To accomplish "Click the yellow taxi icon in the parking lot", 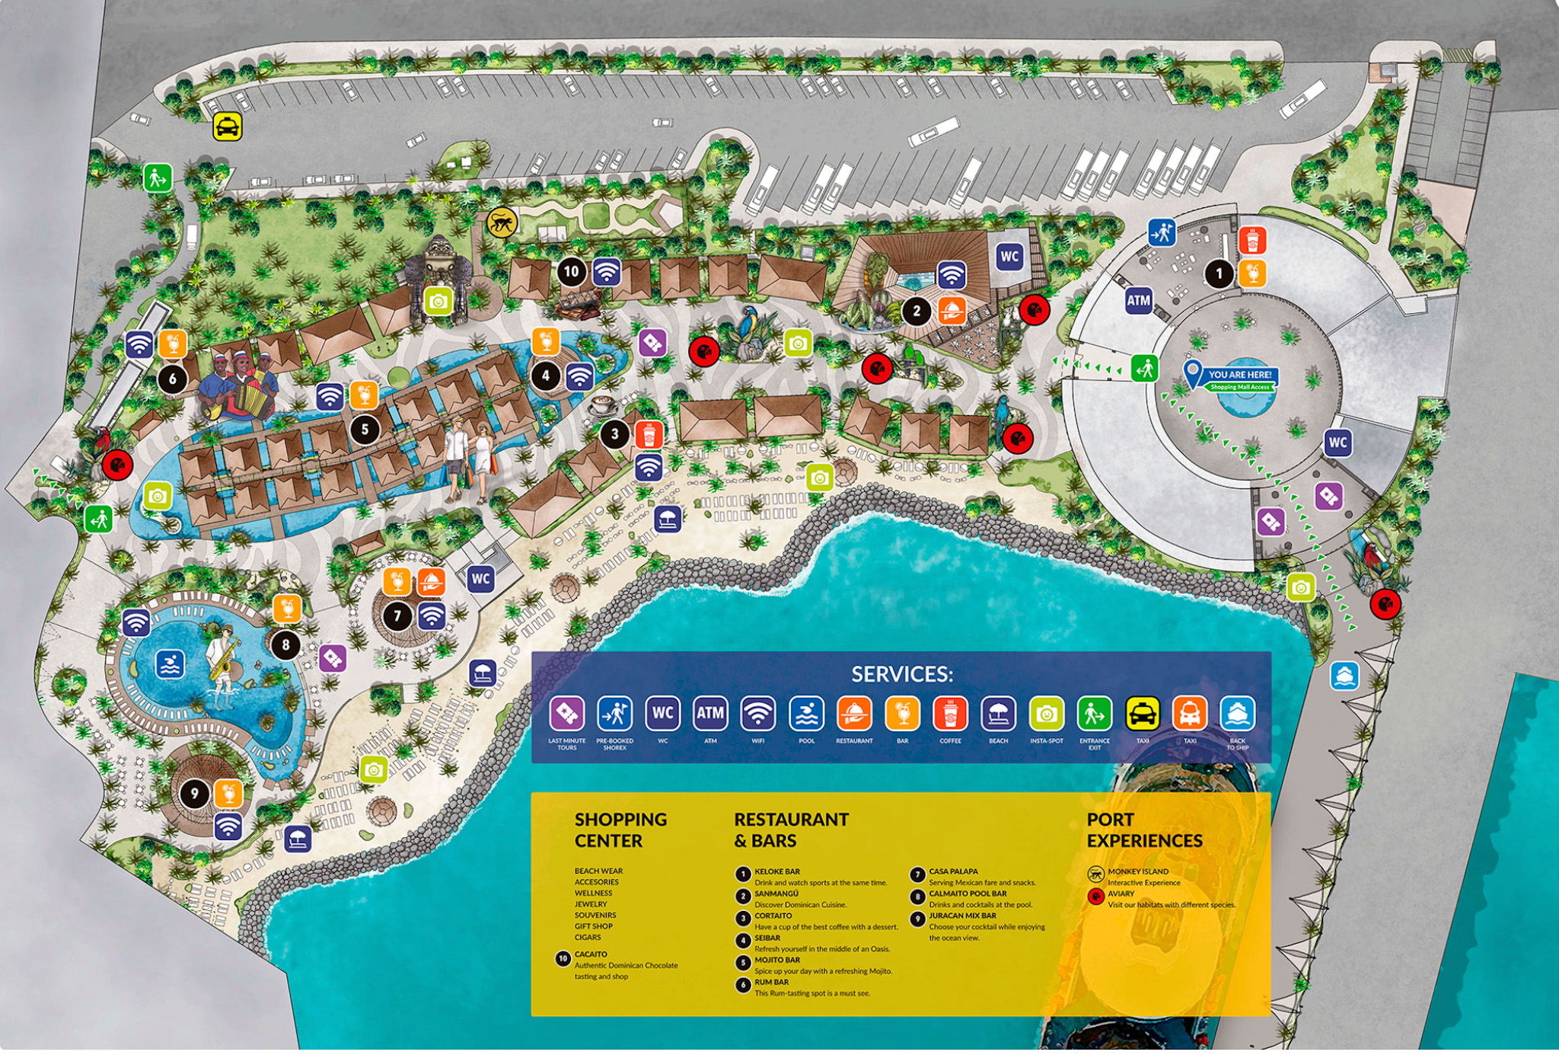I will click(x=228, y=127).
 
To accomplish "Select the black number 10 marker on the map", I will click(x=571, y=272).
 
